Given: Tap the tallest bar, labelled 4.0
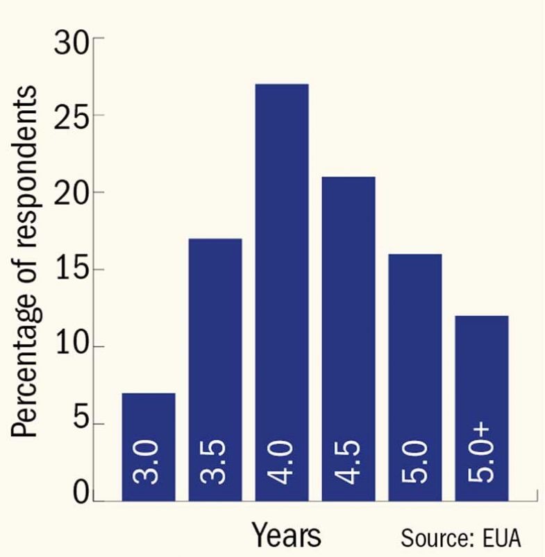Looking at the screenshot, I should (x=281, y=291).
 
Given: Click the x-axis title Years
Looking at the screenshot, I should (x=286, y=535).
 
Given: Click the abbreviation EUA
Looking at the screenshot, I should (x=498, y=538).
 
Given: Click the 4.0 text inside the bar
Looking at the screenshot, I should (x=282, y=463).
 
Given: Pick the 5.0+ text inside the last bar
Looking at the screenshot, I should (x=482, y=455).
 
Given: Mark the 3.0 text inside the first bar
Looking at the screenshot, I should (x=149, y=463).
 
